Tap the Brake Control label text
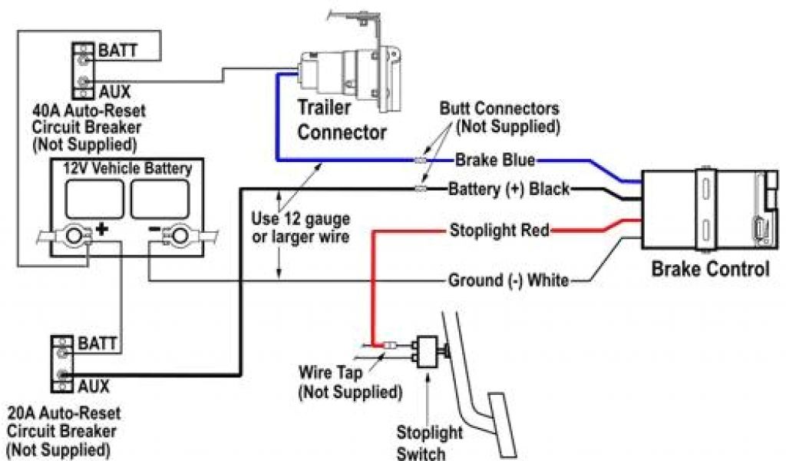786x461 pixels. (710, 270)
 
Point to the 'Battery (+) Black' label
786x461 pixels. (508, 188)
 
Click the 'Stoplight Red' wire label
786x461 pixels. (500, 229)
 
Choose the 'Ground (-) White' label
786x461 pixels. (508, 280)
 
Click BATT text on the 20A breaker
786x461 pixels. (97, 343)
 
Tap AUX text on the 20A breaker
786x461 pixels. (93, 385)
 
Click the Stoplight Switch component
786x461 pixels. (425, 351)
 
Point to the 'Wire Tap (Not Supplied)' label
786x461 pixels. (351, 383)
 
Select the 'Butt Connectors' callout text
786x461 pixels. (499, 116)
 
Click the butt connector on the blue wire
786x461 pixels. (419, 161)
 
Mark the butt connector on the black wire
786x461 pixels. (421, 188)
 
